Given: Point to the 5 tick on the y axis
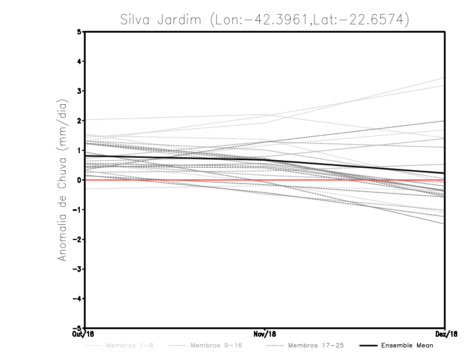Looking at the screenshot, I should [79, 32].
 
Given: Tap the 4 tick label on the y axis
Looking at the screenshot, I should [79, 62].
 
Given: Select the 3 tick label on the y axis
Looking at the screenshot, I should [79, 91].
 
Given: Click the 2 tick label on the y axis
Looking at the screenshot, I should [79, 121].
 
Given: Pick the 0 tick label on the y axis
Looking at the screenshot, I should [79, 180].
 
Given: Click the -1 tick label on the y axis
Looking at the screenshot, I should [77, 210].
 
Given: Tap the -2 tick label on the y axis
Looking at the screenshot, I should [77, 239].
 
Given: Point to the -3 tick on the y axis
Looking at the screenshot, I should [77, 269].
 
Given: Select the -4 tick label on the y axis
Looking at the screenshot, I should [77, 298].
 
